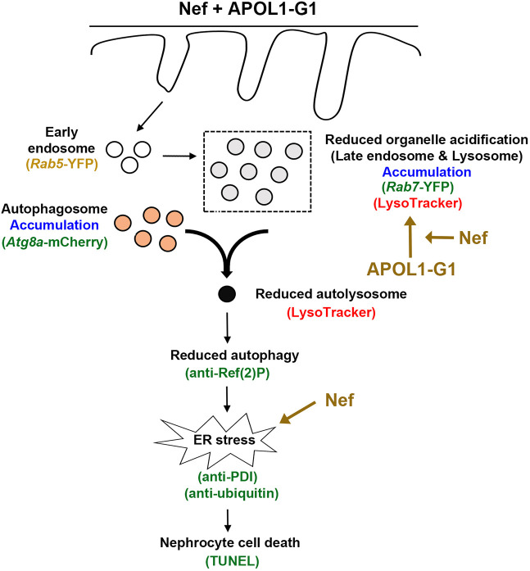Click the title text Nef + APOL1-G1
click(248, 9)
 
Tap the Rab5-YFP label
click(62, 165)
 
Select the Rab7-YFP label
click(418, 187)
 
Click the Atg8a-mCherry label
click(55, 242)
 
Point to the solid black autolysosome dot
click(227, 293)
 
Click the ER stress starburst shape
click(215, 440)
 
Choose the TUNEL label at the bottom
click(233, 561)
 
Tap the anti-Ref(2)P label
click(228, 374)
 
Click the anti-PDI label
click(228, 476)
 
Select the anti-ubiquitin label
click(232, 493)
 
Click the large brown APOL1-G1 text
click(411, 270)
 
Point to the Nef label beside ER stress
click(339, 401)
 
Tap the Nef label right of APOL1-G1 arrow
click(473, 238)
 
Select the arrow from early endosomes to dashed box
click(179, 156)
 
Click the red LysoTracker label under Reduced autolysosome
click(331, 312)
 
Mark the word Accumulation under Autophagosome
click(54, 225)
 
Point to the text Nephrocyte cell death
click(230, 542)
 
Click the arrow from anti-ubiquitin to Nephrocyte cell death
click(228, 520)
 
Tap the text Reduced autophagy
click(235, 356)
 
